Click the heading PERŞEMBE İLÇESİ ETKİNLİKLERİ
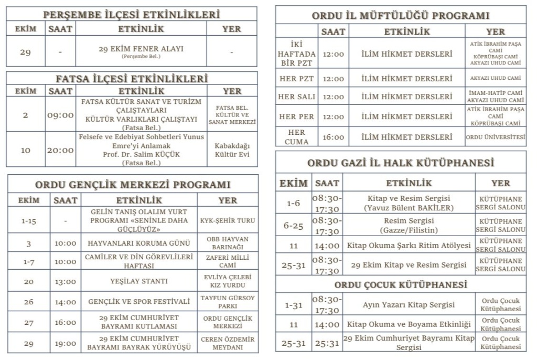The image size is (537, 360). (x=132, y=15)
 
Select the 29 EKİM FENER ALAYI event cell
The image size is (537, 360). (x=141, y=51)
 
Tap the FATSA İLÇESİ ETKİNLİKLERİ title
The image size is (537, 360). (x=132, y=79)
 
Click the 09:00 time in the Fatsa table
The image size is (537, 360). (x=60, y=114)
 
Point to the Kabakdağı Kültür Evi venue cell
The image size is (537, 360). (x=231, y=150)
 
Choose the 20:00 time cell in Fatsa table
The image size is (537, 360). (x=60, y=150)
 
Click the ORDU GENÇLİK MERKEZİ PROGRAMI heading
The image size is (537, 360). (x=133, y=185)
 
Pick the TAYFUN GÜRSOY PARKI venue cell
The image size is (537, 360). (x=228, y=302)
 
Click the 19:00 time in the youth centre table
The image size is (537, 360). (x=66, y=344)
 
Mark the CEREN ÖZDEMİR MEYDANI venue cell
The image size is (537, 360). (x=228, y=344)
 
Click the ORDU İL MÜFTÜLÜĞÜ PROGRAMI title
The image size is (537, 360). (x=401, y=16)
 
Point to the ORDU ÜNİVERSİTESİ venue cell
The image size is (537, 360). (x=496, y=137)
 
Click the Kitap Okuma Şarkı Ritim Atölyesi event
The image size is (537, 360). (x=409, y=246)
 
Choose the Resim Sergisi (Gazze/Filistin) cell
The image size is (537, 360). (x=409, y=226)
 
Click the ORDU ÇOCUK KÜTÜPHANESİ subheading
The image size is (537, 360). (x=401, y=285)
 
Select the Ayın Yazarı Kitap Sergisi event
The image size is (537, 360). (x=409, y=305)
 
